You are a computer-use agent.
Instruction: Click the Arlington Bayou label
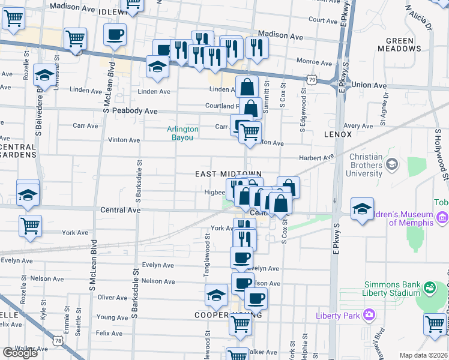tap(182, 133)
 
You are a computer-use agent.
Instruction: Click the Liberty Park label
tap(341, 315)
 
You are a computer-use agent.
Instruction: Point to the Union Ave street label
tap(369, 86)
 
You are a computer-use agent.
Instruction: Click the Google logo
tap(20, 353)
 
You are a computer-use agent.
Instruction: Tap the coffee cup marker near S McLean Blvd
tap(115, 35)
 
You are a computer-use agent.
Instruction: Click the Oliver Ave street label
tap(112, 298)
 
